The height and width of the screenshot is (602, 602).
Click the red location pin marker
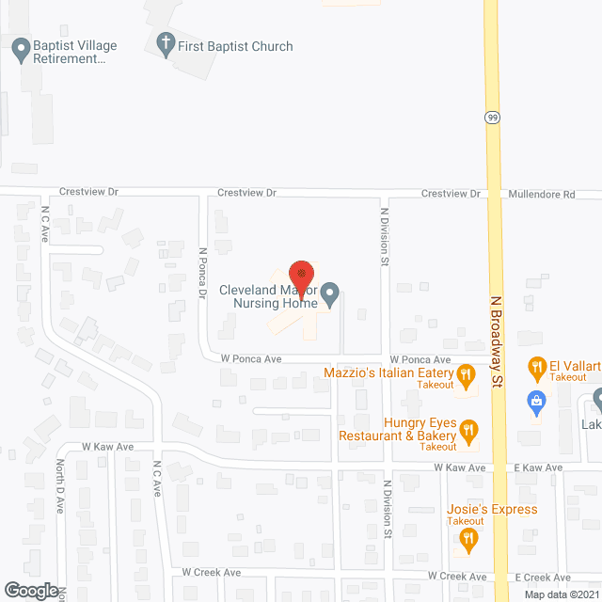coord(300,275)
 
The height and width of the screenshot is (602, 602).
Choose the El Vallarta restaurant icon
coord(537,366)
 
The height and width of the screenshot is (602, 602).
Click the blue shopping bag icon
coord(536,401)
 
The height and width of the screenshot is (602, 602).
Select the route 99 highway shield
coord(492,118)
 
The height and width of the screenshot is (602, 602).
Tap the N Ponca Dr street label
coord(201,274)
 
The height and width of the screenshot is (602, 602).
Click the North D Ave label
coord(59,485)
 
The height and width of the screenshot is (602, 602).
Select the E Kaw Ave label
coord(539,467)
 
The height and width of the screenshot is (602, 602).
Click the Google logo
coord(30,590)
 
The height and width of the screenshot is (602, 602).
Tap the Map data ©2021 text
coord(561,594)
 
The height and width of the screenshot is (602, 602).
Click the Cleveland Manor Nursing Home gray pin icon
coord(329,297)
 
